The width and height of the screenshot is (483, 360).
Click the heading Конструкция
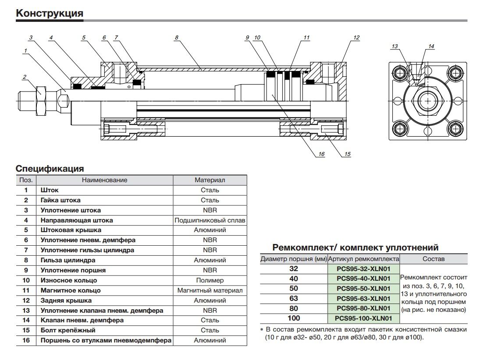(x=49, y=13)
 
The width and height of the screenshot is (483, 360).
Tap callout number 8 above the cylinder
(x=176, y=38)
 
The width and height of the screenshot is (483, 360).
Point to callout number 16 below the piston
(x=321, y=154)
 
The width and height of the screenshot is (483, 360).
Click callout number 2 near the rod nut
(x=25, y=78)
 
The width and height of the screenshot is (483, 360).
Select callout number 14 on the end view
(x=431, y=46)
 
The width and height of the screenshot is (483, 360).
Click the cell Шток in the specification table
(x=50, y=190)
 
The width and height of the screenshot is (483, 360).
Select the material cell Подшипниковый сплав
(x=210, y=220)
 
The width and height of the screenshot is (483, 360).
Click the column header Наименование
(x=104, y=180)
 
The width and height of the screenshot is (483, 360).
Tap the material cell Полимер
(x=210, y=280)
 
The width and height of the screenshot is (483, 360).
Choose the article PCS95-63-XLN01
(x=363, y=298)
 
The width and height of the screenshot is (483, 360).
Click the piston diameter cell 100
(x=293, y=318)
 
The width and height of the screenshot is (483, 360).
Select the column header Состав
(x=433, y=259)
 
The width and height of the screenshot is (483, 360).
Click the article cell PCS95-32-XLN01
(x=363, y=269)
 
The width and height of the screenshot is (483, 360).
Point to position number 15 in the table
(x=26, y=330)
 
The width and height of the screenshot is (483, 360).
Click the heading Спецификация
(x=50, y=169)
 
